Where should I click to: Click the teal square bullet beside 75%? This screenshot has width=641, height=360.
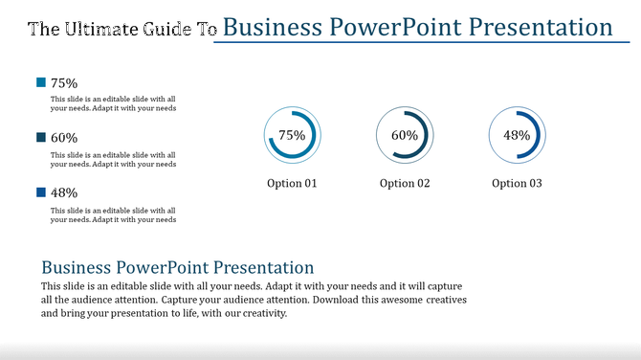pos(40,83)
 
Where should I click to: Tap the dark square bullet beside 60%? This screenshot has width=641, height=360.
pos(40,138)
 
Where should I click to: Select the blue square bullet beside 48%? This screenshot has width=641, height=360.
pos(40,192)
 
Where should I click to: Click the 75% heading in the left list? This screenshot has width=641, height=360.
pos(64,83)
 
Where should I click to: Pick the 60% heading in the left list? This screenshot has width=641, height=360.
pos(64,138)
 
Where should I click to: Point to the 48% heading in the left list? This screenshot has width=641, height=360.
pos(64,192)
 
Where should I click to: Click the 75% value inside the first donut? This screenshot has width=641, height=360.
pos(292,136)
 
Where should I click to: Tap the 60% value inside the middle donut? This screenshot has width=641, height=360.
pos(405,136)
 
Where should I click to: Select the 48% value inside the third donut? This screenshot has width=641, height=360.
pos(517,136)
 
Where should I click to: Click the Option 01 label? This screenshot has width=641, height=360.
pos(292,183)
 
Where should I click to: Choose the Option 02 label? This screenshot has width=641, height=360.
pos(405,183)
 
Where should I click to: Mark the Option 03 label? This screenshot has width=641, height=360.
pos(517,183)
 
